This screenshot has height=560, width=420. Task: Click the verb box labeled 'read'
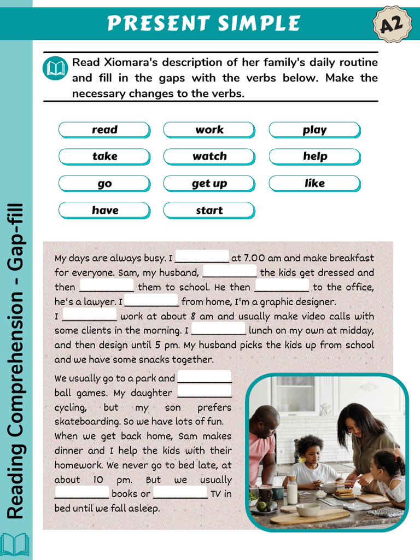[x=104, y=130]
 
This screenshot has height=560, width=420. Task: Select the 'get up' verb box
[x=209, y=183]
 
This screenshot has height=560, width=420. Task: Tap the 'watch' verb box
[x=209, y=156]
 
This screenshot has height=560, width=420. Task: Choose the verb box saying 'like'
[x=314, y=183]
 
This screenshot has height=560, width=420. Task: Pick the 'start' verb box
[x=209, y=210]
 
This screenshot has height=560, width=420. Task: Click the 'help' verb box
[x=314, y=156]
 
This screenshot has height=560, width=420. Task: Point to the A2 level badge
[x=392, y=24]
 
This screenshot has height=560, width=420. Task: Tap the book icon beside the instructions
[x=55, y=68]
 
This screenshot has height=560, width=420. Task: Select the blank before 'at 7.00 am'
[x=202, y=257]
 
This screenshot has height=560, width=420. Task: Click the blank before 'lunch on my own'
[x=218, y=330]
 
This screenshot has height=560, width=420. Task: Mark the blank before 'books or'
[x=82, y=493]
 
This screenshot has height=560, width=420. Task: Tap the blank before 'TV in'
[x=180, y=493]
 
